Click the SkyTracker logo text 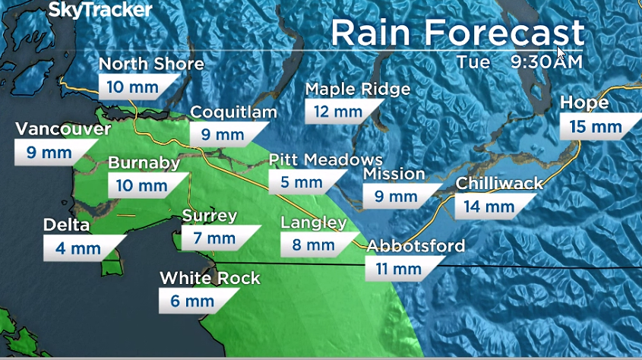click(100, 10)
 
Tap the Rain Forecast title click(457, 33)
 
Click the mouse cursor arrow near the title click(561, 54)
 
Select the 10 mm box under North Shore click(132, 87)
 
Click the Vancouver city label click(62, 129)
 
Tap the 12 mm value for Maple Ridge click(334, 112)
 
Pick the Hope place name click(584, 103)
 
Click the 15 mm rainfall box click(595, 127)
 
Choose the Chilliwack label click(500, 183)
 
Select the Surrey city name click(209, 216)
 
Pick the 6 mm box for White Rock click(188, 301)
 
